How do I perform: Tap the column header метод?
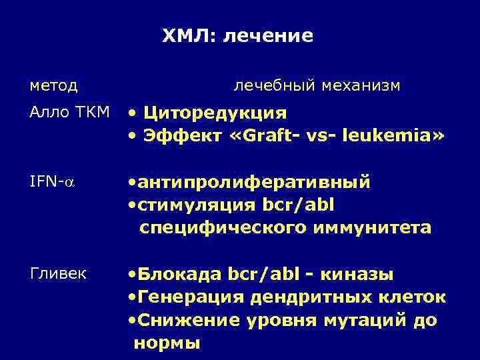pos(54,85)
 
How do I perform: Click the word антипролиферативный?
pos(254,182)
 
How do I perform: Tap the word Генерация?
pos(187,297)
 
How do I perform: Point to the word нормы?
pos(167,343)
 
